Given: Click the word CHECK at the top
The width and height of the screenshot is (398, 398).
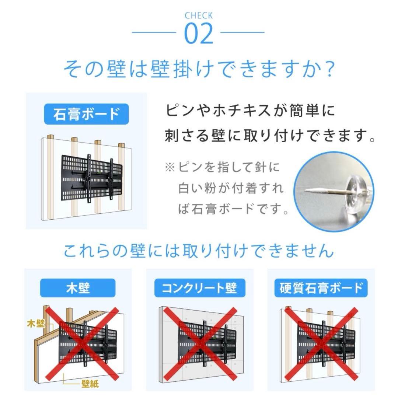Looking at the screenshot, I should tap(199, 15).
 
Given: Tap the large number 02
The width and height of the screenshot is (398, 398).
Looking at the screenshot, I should tap(199, 34).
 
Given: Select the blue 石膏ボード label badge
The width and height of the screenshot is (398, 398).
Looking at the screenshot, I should tap(86, 115).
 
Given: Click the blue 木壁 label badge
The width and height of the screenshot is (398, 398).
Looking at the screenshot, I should tap(78, 287).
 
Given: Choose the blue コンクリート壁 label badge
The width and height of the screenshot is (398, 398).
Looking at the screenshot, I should tap(199, 287).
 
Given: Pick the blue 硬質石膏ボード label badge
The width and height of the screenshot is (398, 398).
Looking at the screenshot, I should tap(321, 287).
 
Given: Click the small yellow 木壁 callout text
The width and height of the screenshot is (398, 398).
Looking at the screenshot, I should tap(36, 324).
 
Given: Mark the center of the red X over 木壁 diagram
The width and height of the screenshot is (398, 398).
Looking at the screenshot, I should tap(82, 343).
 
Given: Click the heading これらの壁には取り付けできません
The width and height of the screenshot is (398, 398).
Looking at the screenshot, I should tap(199, 251).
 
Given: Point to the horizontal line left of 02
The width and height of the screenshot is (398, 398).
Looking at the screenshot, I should tap(154, 32).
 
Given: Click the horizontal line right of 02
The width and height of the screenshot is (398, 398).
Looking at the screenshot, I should tap(242, 32).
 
